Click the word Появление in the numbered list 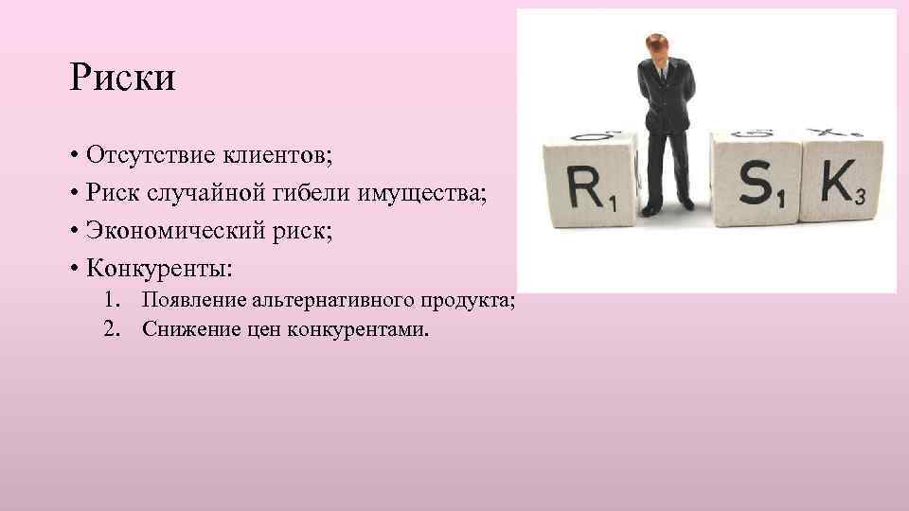pos(190,301)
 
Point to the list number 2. pos(115,329)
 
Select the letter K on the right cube pos(836,181)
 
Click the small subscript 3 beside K pos(859,196)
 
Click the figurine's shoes pos(668,203)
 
